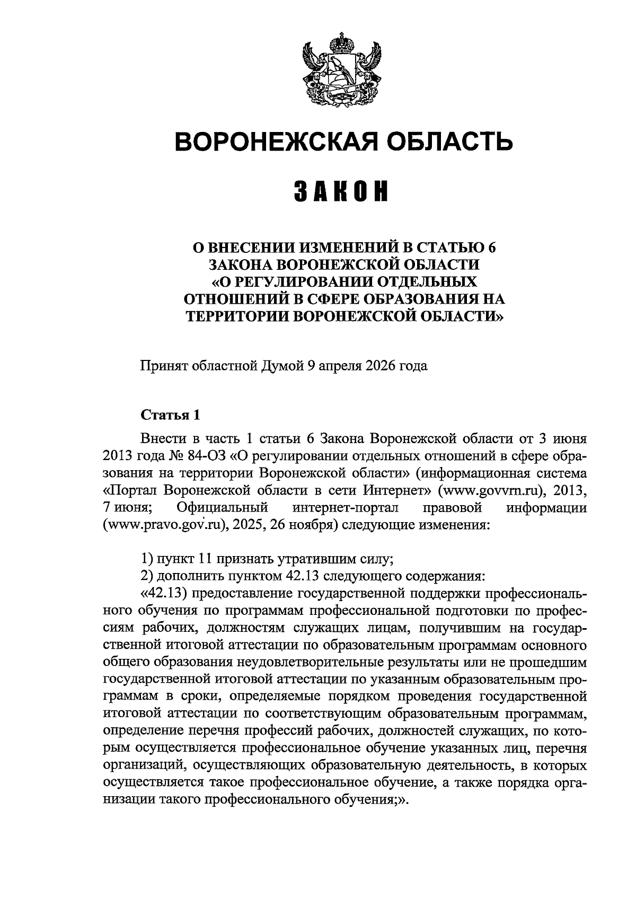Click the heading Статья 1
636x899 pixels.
point(170,415)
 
